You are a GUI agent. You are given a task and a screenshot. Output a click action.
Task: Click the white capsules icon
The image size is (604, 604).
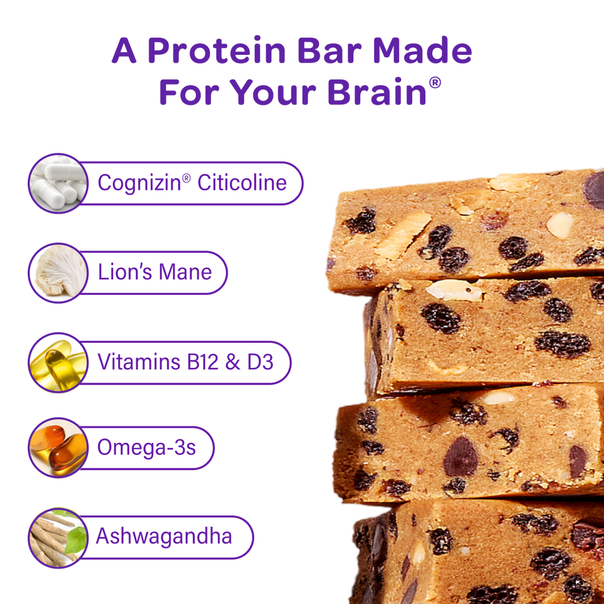click(x=57, y=183)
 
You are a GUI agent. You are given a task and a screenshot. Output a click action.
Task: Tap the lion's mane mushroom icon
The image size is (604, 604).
click(x=57, y=273)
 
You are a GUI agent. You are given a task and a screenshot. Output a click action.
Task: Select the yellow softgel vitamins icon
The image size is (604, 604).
click(x=57, y=362)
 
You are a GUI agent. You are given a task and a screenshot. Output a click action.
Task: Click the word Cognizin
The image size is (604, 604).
click(x=139, y=183)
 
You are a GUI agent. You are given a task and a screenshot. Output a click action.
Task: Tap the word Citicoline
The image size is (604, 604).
click(x=242, y=183)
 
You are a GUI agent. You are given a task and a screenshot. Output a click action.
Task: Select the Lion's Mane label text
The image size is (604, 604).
click(x=155, y=273)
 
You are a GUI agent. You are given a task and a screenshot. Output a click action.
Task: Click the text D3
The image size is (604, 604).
click(x=260, y=362)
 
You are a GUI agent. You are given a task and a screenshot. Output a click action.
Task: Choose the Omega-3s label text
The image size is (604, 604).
click(x=146, y=448)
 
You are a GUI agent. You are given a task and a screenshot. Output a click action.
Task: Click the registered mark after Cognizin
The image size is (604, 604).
click(x=186, y=178)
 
